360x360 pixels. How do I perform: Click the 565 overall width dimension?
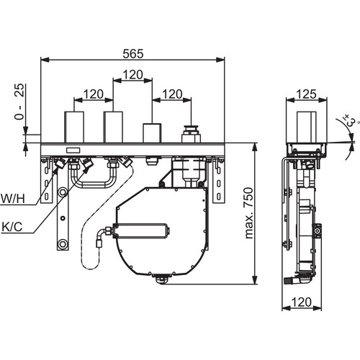click(x=133, y=53)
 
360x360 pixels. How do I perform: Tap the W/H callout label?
click(x=13, y=199)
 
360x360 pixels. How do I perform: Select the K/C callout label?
click(x=12, y=227)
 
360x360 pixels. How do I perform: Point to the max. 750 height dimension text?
click(x=249, y=213)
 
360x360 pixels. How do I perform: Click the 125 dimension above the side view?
click(x=307, y=94)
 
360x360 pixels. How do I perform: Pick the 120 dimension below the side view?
click(x=302, y=302)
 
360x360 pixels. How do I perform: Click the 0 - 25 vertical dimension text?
click(x=19, y=102)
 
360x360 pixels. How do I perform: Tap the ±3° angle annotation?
click(x=350, y=121)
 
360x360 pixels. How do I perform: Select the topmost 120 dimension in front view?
click(x=132, y=75)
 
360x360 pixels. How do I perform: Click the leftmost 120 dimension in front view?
click(x=94, y=94)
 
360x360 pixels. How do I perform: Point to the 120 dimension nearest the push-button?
click(x=172, y=94)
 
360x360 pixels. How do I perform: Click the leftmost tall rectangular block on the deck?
click(x=74, y=127)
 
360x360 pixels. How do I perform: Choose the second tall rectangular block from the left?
click(x=113, y=127)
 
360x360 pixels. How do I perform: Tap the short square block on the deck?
click(x=152, y=133)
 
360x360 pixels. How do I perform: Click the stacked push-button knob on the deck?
click(x=191, y=134)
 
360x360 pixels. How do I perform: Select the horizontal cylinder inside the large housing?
click(x=142, y=231)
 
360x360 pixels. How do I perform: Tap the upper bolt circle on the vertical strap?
click(x=63, y=192)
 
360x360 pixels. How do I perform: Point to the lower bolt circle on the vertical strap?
click(x=63, y=244)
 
